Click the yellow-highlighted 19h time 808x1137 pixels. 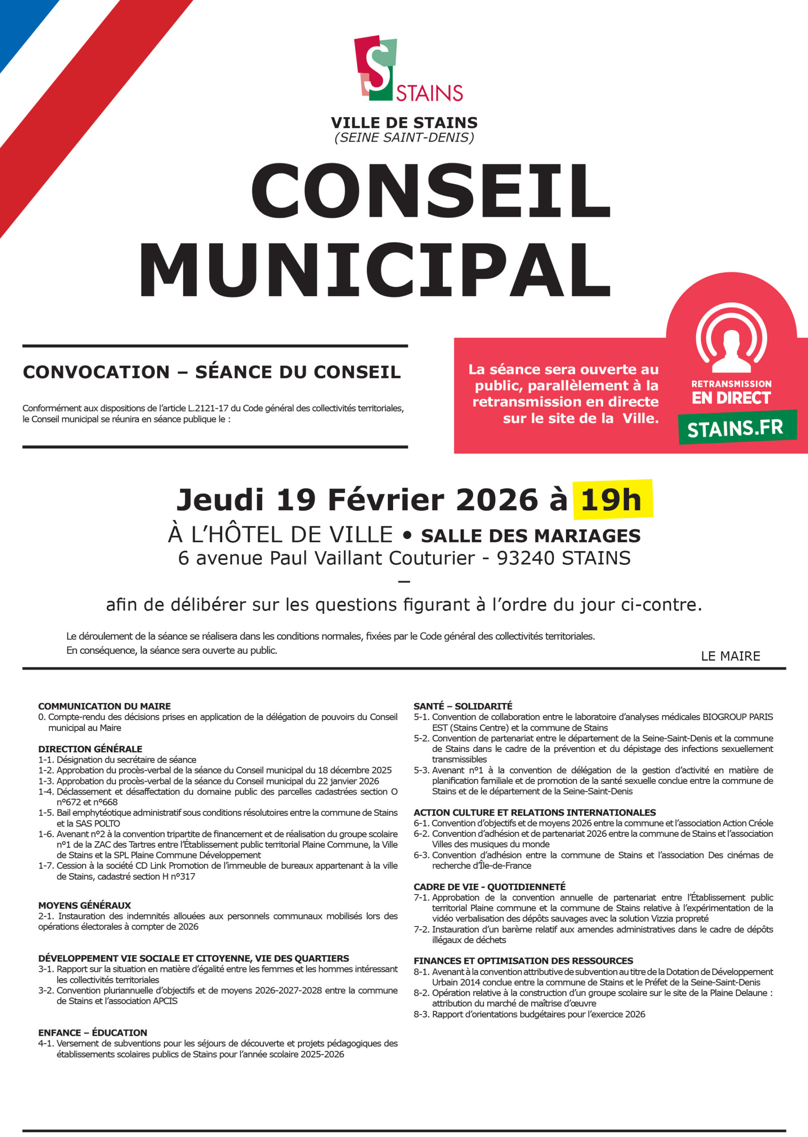click(612, 499)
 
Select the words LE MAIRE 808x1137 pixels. click(730, 656)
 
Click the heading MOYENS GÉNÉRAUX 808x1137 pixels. click(84, 905)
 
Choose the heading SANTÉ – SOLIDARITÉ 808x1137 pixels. click(463, 706)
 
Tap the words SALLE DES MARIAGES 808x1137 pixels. click(530, 536)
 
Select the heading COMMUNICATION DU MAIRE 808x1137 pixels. click(104, 706)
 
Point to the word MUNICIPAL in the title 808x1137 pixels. click(374, 271)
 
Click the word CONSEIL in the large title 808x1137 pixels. click(431, 191)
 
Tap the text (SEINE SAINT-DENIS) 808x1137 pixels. click(404, 137)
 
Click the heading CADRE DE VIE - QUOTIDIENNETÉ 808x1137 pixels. click(490, 887)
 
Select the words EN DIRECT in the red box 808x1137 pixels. click(731, 398)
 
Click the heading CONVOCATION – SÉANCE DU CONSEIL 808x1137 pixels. click(211, 372)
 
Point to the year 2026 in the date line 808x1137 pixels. click(497, 499)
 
